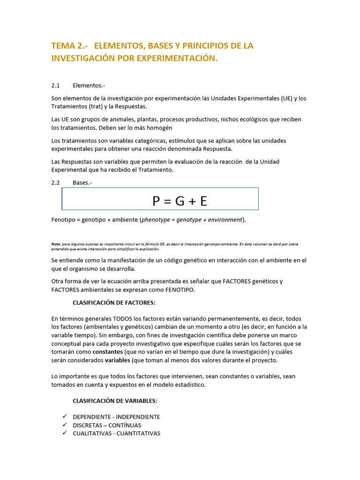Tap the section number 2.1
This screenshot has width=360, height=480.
[x=56, y=86]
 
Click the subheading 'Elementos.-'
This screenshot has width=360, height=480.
[x=89, y=86]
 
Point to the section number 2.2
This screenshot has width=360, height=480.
[x=56, y=183]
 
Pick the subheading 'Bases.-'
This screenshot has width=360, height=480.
[x=82, y=183]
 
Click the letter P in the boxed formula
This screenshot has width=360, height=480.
[x=157, y=201]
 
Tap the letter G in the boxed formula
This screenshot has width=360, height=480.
[x=180, y=201]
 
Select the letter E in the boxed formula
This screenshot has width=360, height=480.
[x=203, y=201]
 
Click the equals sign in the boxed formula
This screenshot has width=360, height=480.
[x=168, y=202]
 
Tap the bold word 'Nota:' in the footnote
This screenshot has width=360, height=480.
[x=56, y=244]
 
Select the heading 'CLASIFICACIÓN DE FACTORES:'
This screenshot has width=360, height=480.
[x=114, y=302]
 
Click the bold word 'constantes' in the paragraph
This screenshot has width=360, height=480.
[x=108, y=352]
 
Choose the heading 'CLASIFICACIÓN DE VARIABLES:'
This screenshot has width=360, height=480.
[x=115, y=401]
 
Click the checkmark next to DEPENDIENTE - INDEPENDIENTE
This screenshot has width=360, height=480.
[x=65, y=417]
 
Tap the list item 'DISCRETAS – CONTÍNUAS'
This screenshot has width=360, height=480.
[x=107, y=425]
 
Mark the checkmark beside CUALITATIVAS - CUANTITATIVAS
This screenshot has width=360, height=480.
[x=65, y=433]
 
